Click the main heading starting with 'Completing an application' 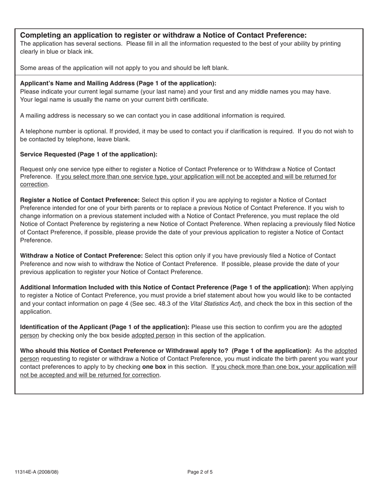click(163, 35)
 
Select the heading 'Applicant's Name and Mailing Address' click(118, 83)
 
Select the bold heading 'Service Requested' click(88, 154)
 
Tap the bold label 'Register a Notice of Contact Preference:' click(80, 200)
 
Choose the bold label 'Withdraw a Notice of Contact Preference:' click(81, 256)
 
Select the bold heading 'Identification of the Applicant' click(104, 327)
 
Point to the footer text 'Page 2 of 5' click(200, 472)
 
